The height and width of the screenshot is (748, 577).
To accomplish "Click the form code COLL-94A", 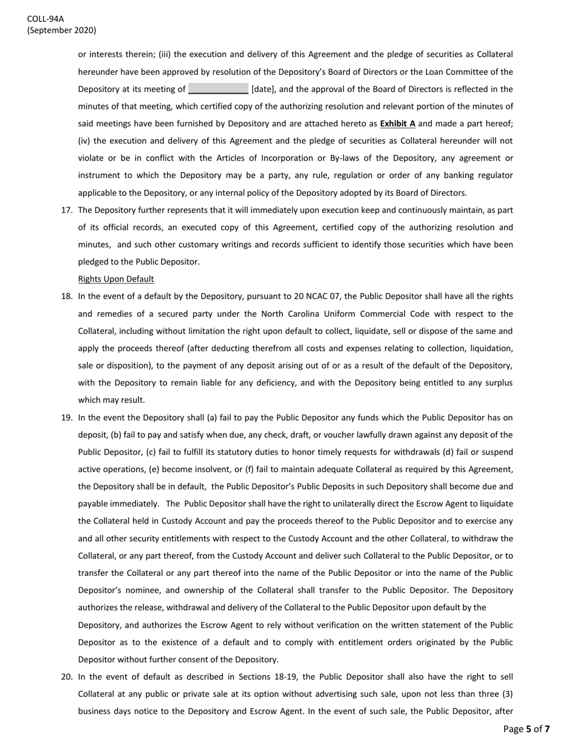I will [45, 19].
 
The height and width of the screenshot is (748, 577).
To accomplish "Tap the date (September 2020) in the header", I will [61, 30].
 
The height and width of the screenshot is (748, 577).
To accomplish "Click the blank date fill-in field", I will [218, 89].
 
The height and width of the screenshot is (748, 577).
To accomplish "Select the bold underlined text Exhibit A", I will [397, 123].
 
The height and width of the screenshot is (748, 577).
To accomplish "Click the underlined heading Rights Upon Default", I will [116, 279].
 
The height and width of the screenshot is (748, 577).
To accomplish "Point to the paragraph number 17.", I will [67, 210].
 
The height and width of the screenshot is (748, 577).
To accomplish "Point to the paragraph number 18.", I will [67, 297].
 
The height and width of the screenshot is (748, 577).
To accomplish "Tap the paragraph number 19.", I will [67, 418].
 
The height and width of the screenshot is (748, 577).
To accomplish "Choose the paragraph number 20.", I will [67, 677].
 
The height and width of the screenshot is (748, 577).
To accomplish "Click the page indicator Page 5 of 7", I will [527, 729].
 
